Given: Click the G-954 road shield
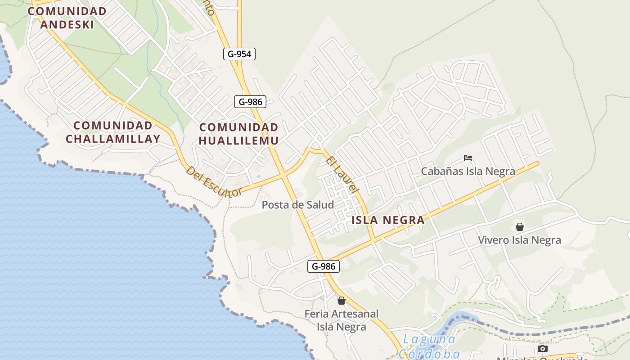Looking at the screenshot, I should click(x=239, y=54).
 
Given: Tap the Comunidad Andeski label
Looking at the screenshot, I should click(x=67, y=18).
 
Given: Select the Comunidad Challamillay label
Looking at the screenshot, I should click(x=113, y=132).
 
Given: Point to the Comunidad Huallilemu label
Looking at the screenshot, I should click(x=238, y=134).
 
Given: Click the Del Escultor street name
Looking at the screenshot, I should click(x=214, y=182).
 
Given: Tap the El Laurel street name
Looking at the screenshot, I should click(x=342, y=175).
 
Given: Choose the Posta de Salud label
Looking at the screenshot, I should click(x=298, y=205).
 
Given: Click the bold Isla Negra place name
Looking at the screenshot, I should click(x=388, y=220).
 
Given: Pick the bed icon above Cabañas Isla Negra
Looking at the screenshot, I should click(x=468, y=158).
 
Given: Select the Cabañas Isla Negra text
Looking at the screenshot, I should click(x=468, y=171).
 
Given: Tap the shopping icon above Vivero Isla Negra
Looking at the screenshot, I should click(x=520, y=227).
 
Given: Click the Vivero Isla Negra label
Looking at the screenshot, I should click(x=520, y=240).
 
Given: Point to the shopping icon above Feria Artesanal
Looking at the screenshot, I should click(x=342, y=300).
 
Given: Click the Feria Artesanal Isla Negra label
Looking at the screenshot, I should click(x=342, y=320).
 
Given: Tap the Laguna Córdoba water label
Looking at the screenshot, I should click(x=429, y=346).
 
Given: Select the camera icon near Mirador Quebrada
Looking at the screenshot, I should click(x=543, y=348).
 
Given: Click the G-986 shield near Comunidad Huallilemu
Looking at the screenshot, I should click(x=250, y=102).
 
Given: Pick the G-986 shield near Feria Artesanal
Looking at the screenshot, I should click(x=324, y=266).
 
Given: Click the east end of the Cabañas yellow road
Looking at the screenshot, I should click(x=537, y=163).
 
